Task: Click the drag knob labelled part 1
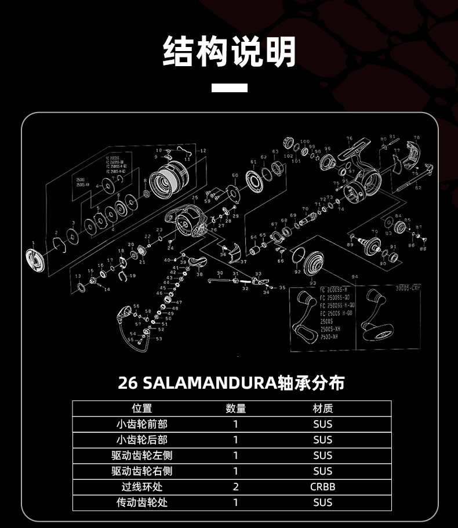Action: (35, 259)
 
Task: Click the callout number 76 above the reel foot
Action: (349, 139)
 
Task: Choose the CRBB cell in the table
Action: (322, 487)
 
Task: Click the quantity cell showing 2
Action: (235, 487)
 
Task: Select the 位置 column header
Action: (142, 408)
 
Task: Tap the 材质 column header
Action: (322, 408)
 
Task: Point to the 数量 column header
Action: (235, 408)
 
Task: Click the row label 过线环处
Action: (142, 487)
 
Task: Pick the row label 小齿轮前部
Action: (142, 424)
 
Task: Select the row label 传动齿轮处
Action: (142, 502)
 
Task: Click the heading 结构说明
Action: (229, 52)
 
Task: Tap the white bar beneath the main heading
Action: (229, 88)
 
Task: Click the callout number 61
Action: (253, 162)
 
